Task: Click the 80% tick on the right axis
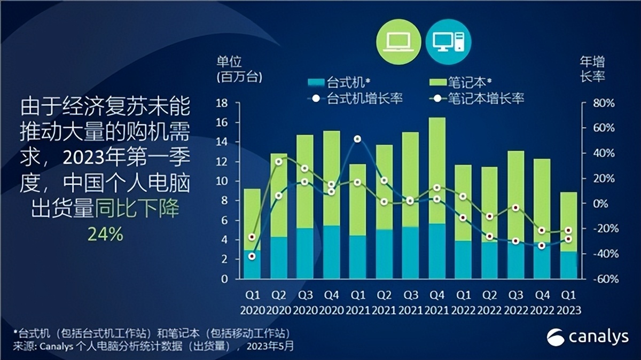tap(604, 103)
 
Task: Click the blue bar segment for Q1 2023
tap(568, 265)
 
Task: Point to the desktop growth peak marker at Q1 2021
tap(357, 139)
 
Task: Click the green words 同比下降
tap(137, 209)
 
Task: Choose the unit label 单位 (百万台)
tap(239, 68)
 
